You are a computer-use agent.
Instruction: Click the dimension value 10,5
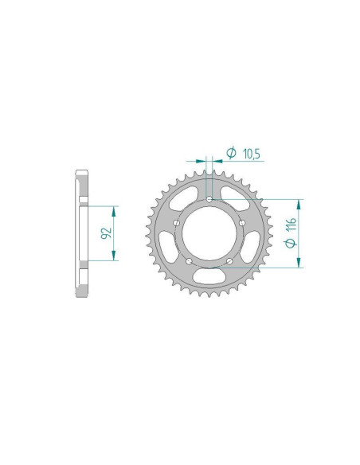(x=252, y=152)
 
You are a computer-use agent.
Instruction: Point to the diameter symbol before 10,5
(x=230, y=152)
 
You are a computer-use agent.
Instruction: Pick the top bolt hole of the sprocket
(x=209, y=199)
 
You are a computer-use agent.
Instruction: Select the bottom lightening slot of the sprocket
(x=209, y=276)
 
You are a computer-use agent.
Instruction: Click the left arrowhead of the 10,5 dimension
(x=202, y=161)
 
